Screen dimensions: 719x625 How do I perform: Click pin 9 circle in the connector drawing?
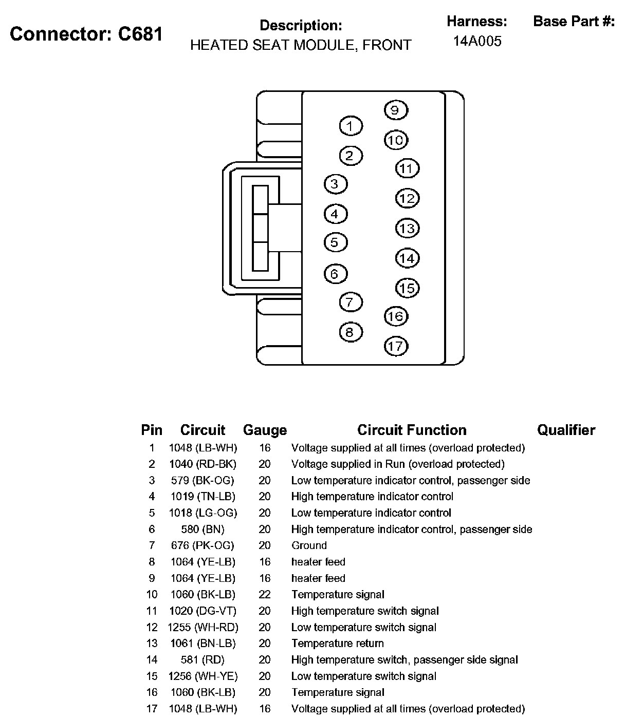(395, 110)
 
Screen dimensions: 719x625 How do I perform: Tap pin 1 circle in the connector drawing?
(351, 126)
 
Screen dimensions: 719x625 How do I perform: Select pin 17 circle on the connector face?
(396, 346)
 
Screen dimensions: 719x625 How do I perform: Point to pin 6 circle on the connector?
(335, 274)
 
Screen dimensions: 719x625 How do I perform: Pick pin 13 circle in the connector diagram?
(407, 228)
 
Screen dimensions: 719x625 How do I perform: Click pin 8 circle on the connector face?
(351, 332)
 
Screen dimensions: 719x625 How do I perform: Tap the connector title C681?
(86, 34)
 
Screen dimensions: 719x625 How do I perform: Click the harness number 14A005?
(477, 41)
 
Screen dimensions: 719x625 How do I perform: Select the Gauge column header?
(265, 430)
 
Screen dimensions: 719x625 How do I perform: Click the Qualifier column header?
(566, 430)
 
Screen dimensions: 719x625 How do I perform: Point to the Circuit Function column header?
(412, 430)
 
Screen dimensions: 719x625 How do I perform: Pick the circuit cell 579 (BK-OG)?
(203, 480)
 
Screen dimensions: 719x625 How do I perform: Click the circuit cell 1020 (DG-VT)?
(203, 611)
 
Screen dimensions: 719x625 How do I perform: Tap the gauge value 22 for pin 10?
(265, 594)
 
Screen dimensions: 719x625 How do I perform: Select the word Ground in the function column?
(309, 545)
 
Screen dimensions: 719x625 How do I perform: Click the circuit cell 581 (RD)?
(203, 659)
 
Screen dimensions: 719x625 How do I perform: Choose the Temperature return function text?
(337, 643)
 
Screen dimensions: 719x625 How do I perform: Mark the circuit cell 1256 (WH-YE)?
(203, 676)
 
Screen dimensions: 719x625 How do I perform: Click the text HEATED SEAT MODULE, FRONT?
(301, 45)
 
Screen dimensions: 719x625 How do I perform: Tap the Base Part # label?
(574, 22)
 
